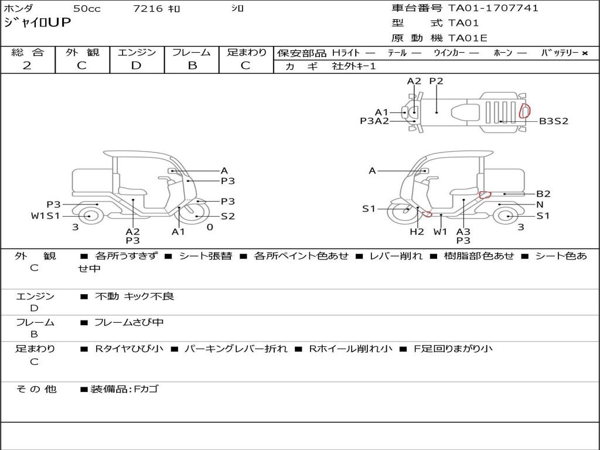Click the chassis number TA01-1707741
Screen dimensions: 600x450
click(493, 8)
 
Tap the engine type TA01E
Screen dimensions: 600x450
click(468, 38)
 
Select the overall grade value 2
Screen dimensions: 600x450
click(27, 66)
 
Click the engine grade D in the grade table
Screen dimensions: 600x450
click(136, 66)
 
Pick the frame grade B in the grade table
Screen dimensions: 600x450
click(192, 66)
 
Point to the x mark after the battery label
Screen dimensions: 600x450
click(585, 53)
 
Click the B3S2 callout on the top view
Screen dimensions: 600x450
click(554, 121)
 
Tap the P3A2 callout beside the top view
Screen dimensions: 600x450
click(374, 121)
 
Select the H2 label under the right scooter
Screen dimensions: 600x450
click(417, 231)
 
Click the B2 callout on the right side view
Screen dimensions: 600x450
click(543, 193)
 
